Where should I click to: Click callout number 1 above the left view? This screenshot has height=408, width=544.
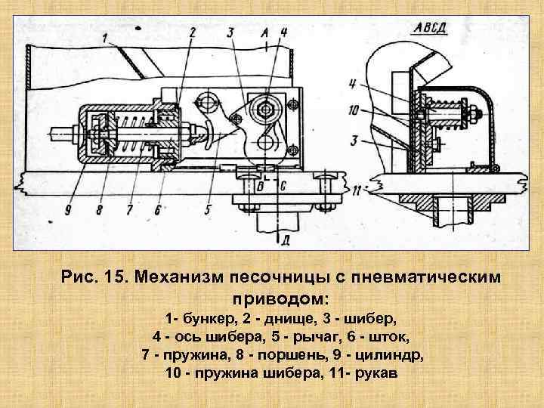coord(104,37)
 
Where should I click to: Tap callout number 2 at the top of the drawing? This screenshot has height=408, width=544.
coord(192,32)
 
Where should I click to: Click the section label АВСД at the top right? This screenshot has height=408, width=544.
coord(431,29)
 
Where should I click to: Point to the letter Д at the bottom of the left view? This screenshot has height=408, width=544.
coord(284,240)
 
